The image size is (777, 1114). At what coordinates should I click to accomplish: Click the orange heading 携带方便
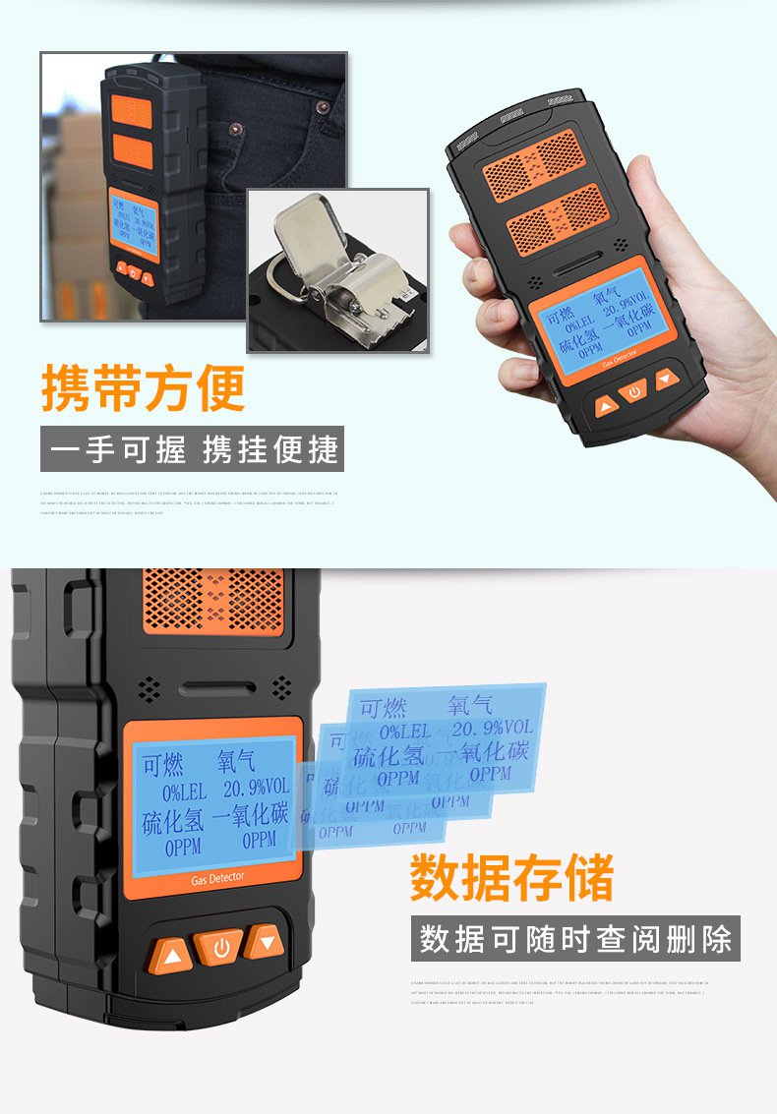coord(143,388)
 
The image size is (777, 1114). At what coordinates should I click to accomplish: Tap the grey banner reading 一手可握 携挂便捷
coord(193,450)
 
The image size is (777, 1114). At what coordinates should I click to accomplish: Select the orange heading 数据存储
coord(511,878)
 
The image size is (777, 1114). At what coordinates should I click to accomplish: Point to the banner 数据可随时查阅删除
coord(575,938)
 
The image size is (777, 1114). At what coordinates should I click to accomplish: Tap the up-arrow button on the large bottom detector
coord(171,955)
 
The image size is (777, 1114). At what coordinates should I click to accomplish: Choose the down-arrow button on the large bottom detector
coord(265,942)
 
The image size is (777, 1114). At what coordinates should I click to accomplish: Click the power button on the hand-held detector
coord(634,390)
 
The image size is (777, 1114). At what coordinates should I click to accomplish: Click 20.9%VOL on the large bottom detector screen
coord(256,788)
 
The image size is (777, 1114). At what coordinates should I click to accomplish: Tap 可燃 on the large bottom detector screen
coord(163,764)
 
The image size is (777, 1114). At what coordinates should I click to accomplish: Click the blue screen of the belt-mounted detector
coord(133,223)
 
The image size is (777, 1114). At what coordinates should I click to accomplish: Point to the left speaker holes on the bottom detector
coord(149,689)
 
